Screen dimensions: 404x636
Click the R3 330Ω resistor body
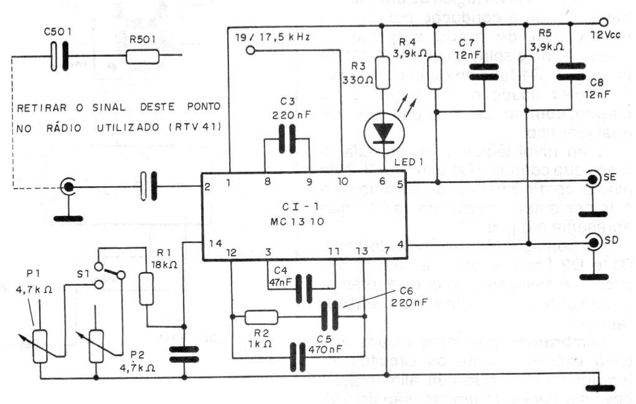tap(381, 78)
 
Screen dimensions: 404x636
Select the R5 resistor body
tap(526, 68)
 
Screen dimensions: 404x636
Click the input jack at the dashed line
tap(68, 185)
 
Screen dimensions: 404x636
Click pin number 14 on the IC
tap(215, 244)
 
